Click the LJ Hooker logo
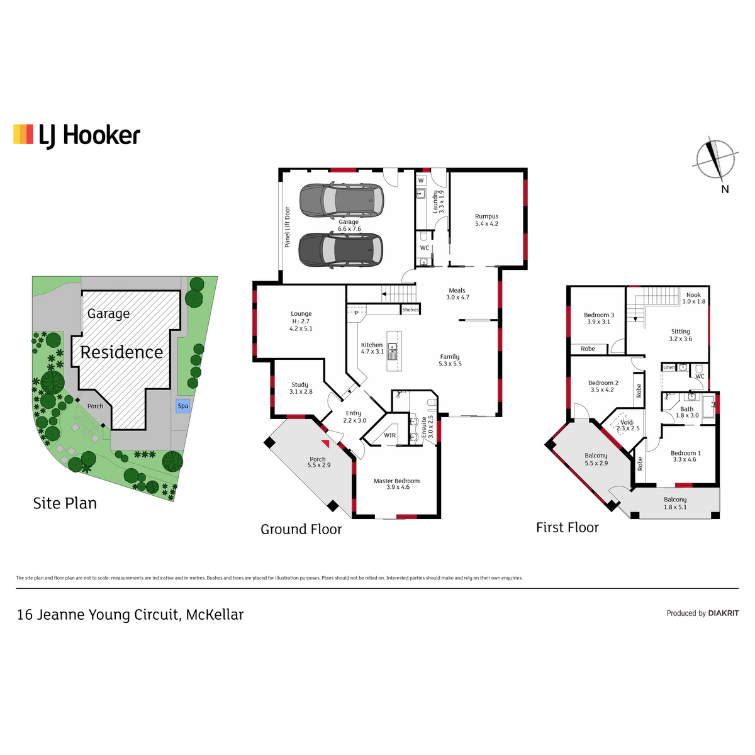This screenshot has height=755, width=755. pyautogui.click(x=77, y=136)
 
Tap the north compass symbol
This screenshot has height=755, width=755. pyautogui.click(x=715, y=160)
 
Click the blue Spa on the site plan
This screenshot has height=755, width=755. pyautogui.click(x=183, y=406)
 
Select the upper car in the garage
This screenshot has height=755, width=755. pyautogui.click(x=342, y=200)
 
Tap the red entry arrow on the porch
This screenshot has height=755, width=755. pyautogui.click(x=325, y=444)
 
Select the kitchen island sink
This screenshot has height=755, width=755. pyautogui.click(x=392, y=350)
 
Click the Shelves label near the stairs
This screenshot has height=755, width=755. pyautogui.click(x=410, y=310)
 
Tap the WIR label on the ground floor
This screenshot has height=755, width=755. pyautogui.click(x=389, y=435)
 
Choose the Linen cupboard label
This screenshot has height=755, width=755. pyautogui.click(x=669, y=367)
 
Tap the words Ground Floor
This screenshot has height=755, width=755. pyautogui.click(x=301, y=529)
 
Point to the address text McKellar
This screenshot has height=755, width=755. pyautogui.click(x=215, y=614)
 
